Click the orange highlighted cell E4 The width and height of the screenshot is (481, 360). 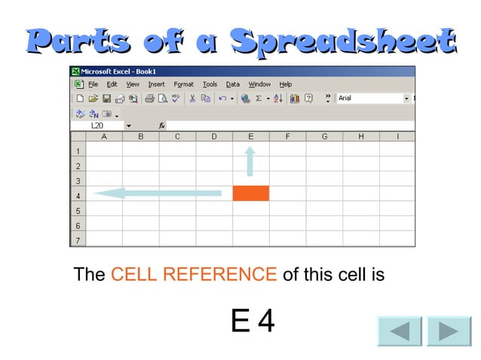(250, 194)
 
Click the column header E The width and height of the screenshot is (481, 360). (250, 136)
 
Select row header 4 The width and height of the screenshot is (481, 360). (78, 196)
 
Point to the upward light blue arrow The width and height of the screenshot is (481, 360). (250, 161)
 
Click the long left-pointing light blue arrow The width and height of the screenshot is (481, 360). (158, 194)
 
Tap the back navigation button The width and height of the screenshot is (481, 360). (400, 331)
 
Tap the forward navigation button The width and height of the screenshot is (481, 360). (449, 331)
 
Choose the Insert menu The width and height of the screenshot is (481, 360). (156, 84)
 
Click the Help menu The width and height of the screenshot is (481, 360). (286, 84)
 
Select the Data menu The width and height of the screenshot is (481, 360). (233, 84)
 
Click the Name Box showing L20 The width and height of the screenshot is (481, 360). (101, 126)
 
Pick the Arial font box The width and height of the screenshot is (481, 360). (369, 98)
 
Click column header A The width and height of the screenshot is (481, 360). (104, 136)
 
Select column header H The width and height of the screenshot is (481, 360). (360, 136)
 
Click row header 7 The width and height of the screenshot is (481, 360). (78, 240)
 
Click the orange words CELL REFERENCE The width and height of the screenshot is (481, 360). (194, 274)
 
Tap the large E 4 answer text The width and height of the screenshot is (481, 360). (253, 322)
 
